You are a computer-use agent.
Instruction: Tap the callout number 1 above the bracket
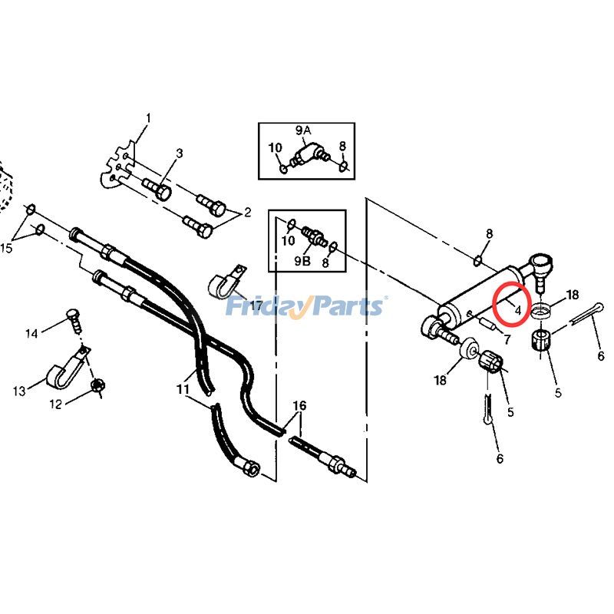coord(148,118)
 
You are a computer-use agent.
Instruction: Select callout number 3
coord(180,153)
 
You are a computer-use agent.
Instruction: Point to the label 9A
coord(303,130)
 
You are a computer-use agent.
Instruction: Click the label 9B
coord(303,261)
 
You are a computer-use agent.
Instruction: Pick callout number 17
coord(256,306)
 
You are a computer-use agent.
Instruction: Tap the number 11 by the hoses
coord(183,390)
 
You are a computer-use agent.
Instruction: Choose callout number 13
coord(19,391)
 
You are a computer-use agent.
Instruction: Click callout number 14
coord(31,334)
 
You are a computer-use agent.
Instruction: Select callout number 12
coord(56,404)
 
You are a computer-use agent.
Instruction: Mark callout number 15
coord(6,248)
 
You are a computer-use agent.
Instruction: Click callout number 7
coord(506,338)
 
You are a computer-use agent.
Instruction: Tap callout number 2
coord(248,212)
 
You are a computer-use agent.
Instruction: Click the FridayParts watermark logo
coord(305,307)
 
